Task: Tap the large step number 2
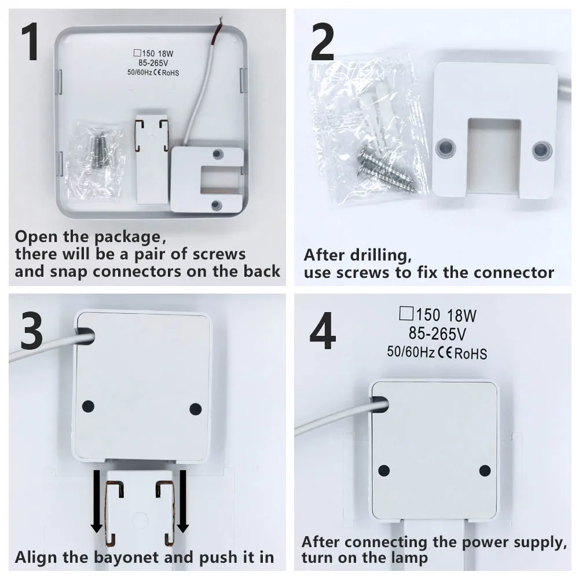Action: click(x=323, y=43)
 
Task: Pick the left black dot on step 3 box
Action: click(x=88, y=405)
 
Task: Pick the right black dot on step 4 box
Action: click(x=485, y=471)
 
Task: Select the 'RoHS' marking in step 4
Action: click(x=470, y=353)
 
